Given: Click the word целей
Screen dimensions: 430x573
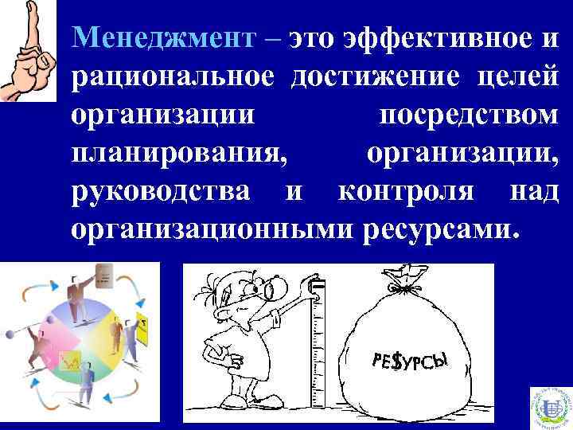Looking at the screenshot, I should click(x=517, y=77).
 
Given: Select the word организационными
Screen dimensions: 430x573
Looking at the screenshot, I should click(x=212, y=229).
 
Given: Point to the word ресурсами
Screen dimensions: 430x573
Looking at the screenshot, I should click(x=442, y=229).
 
